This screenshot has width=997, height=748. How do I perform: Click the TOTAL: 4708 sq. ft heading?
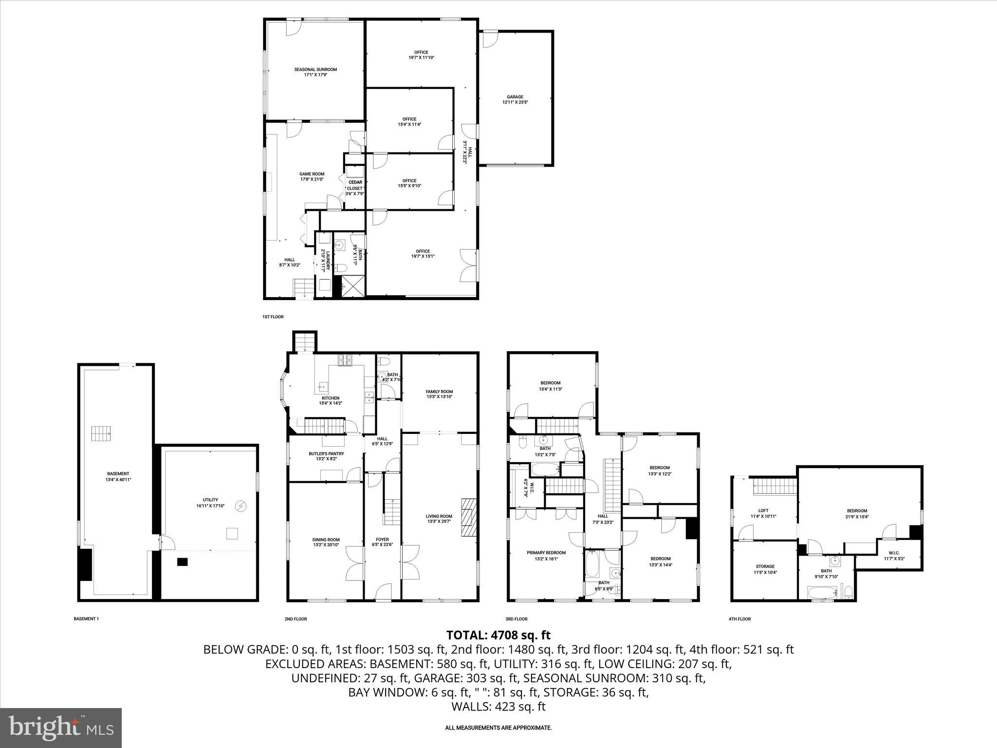[498, 635]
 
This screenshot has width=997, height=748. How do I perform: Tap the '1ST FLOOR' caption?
[273, 317]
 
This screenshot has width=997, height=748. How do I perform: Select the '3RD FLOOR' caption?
[516, 619]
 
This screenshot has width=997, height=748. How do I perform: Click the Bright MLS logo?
[61, 728]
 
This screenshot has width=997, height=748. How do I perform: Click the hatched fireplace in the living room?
[469, 517]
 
